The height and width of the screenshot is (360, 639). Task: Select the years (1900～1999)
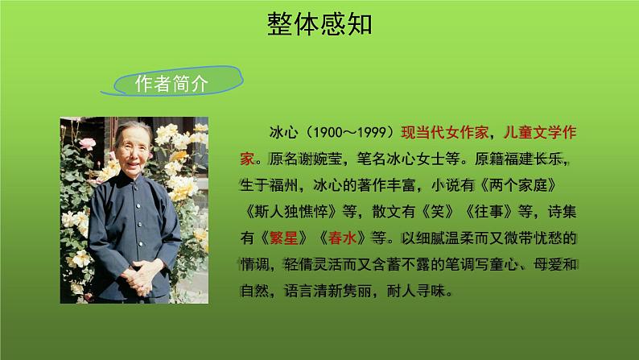point(348,131)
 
